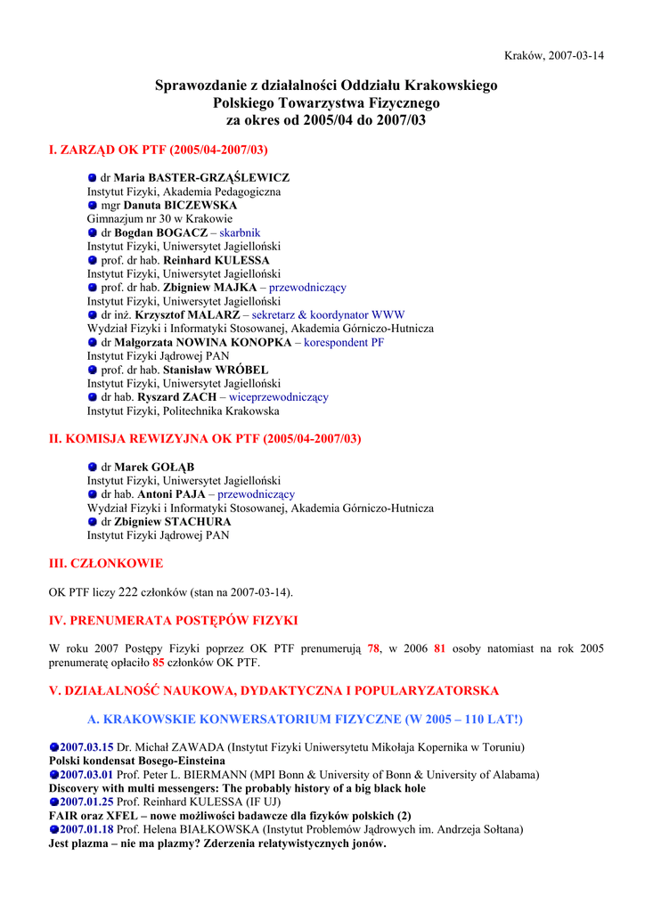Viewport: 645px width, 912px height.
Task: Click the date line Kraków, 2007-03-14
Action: tap(553, 55)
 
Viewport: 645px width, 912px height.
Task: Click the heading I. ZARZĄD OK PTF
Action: tap(158, 150)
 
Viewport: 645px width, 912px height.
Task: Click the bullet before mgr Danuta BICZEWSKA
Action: tap(92, 206)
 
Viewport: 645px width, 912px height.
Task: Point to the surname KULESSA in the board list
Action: tap(242, 261)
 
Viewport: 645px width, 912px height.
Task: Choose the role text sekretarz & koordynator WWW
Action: tap(328, 315)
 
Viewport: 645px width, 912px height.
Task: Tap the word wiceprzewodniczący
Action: tap(279, 397)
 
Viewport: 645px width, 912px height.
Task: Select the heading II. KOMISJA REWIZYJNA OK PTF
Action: tap(204, 439)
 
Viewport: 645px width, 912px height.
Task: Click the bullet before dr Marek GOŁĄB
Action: tap(92, 468)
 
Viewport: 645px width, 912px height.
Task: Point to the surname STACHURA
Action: tap(192, 522)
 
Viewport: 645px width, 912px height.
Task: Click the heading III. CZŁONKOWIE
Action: tap(105, 564)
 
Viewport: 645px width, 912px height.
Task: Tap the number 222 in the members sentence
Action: tap(128, 592)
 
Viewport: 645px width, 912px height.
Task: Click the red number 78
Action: tap(373, 648)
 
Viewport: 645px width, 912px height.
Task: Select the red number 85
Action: tap(159, 663)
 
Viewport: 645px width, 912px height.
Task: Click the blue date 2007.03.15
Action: tap(86, 747)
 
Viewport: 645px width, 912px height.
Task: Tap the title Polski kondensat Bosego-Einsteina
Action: tap(136, 761)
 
